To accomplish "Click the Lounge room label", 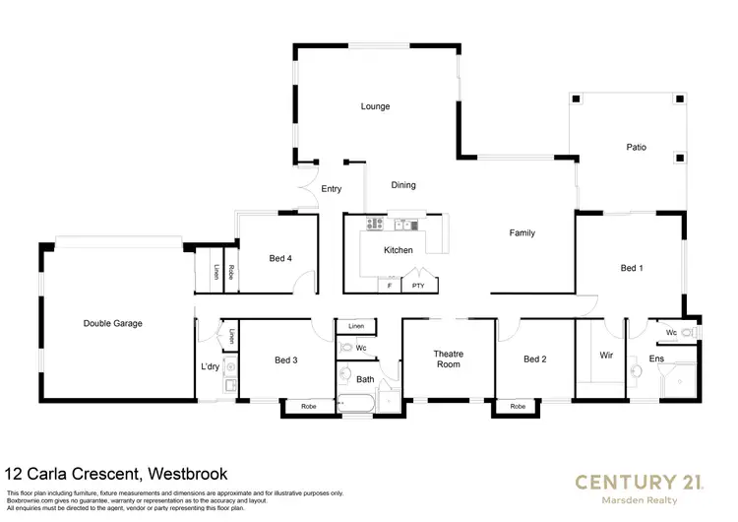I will pyautogui.click(x=375, y=106).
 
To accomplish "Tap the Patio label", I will pyautogui.click(x=637, y=147).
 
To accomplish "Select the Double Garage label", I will pyautogui.click(x=113, y=323).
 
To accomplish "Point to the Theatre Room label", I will pyautogui.click(x=448, y=359).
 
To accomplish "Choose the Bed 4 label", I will pyautogui.click(x=280, y=259).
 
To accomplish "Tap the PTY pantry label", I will pyautogui.click(x=418, y=286).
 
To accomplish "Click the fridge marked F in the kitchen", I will pyautogui.click(x=390, y=286).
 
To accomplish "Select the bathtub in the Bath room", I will pyautogui.click(x=355, y=402).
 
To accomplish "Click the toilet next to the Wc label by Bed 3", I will pyautogui.click(x=347, y=347).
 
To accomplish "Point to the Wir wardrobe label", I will pyautogui.click(x=606, y=355).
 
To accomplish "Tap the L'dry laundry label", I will pyautogui.click(x=209, y=367).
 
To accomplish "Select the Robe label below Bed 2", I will pyautogui.click(x=518, y=406).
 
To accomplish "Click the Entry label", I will pyautogui.click(x=331, y=188).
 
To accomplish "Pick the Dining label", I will pyautogui.click(x=403, y=184).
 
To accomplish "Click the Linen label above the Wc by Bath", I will pyautogui.click(x=356, y=325).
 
